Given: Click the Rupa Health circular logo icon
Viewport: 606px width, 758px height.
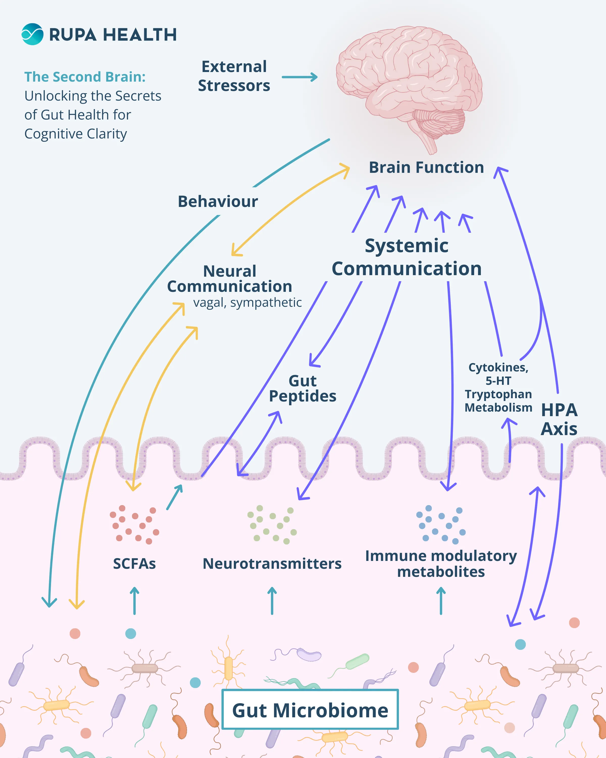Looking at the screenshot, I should pos(32,34).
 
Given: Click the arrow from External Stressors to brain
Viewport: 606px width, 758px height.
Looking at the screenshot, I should pos(299,77).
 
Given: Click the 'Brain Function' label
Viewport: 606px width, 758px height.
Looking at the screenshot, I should pos(426,167).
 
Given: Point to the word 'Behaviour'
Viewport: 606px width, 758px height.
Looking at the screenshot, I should pos(218,201).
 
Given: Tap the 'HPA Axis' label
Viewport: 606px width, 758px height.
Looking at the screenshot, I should pos(559,419).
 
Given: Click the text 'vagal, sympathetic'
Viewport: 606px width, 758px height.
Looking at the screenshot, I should pos(247,302).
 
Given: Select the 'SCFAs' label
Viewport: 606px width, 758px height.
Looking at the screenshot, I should pos(134,564).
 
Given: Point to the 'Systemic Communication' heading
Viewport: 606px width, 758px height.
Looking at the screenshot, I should pos(407,257).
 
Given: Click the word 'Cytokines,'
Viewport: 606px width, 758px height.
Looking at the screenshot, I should pos(498,367).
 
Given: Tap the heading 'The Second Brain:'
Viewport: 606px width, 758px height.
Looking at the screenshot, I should pos(85,77).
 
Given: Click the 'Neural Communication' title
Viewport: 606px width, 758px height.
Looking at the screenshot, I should pos(230,279).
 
